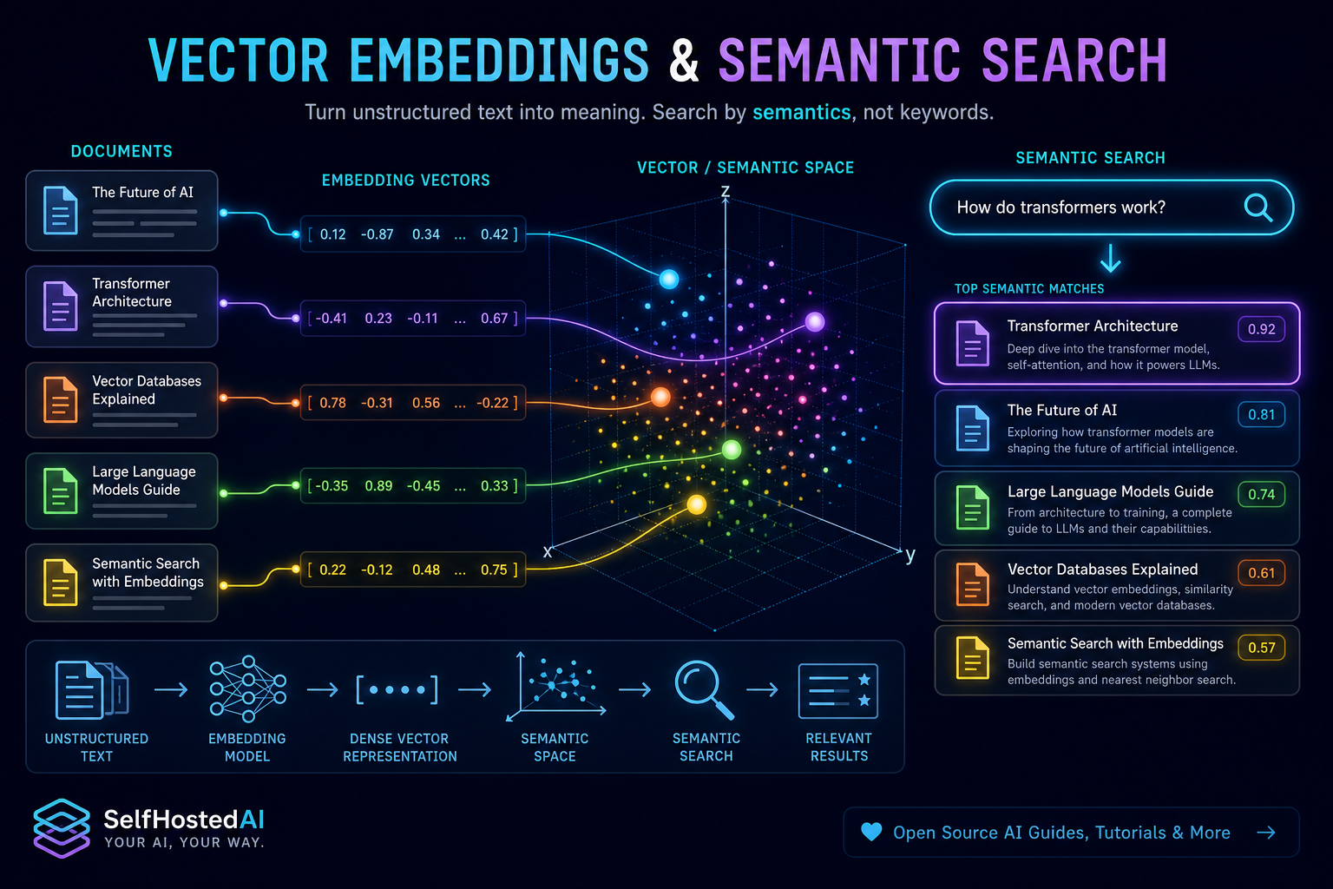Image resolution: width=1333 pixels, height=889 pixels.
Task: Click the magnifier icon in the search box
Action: [1258, 207]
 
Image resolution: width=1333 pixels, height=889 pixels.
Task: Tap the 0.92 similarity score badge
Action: [1262, 329]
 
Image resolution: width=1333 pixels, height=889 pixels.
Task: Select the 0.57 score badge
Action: [1262, 648]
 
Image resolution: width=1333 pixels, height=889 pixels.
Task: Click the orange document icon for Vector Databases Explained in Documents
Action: [60, 399]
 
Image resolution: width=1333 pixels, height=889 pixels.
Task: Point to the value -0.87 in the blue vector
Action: [378, 234]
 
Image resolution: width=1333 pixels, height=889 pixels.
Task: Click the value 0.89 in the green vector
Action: [378, 486]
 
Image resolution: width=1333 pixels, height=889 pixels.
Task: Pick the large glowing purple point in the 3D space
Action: [815, 322]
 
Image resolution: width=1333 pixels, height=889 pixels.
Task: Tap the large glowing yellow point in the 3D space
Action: [697, 505]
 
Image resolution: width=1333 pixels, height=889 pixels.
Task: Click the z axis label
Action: [726, 191]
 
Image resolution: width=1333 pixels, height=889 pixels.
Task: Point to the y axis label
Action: [910, 555]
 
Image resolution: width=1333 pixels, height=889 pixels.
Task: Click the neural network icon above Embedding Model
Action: [248, 689]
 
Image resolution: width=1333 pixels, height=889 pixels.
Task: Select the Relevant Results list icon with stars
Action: [838, 691]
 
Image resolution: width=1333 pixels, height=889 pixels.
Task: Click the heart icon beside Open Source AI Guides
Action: [872, 832]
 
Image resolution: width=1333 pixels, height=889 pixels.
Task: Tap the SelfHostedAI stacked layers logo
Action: [62, 828]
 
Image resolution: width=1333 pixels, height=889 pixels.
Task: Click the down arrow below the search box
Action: [1111, 258]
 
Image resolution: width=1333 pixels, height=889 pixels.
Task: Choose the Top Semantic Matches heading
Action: [1029, 289]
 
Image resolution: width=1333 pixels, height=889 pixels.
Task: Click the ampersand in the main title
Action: [684, 60]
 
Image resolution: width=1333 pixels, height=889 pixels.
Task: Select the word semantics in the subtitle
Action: [802, 113]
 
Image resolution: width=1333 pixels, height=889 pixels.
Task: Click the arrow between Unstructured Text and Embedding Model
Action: [171, 689]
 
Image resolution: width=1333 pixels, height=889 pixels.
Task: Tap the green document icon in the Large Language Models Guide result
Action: [972, 507]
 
